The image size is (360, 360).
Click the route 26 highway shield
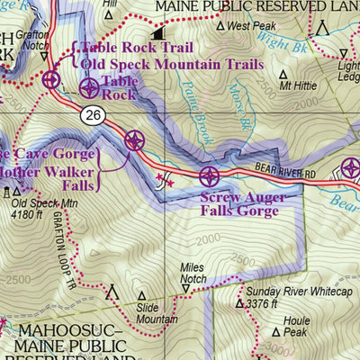[92, 115]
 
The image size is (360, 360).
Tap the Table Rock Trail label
[139, 49]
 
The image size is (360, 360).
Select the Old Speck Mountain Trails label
[172, 65]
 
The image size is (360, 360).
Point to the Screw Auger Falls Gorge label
[243, 204]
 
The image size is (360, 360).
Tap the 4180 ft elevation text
[33, 215]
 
